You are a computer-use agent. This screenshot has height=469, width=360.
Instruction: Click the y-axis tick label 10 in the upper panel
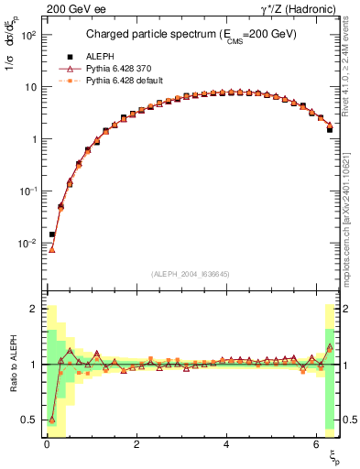click(x=30, y=87)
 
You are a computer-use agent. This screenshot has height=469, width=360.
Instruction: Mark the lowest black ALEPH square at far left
click(x=52, y=234)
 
